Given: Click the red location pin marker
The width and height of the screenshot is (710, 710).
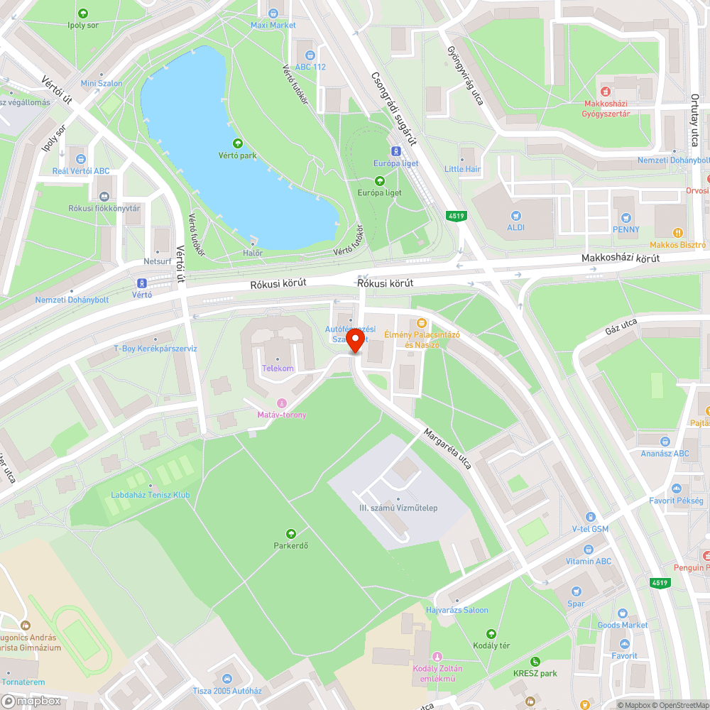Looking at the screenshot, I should point(355,342).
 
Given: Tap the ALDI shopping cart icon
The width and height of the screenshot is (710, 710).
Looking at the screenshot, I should point(515,214).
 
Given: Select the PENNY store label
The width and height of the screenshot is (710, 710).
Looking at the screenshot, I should point(626,229).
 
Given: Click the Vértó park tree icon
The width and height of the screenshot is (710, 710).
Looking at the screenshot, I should point(237,143).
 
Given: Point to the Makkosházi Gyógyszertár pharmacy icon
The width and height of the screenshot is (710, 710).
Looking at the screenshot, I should point(606,91).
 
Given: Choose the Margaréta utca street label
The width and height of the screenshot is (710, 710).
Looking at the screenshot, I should point(447,449).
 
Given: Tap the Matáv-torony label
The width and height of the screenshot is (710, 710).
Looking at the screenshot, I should point(282,414).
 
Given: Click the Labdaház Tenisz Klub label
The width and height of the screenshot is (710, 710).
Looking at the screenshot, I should point(150,495).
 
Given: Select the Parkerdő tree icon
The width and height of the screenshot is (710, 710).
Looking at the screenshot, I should point(290,533).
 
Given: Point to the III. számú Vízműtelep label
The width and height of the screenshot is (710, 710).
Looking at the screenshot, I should point(398,508).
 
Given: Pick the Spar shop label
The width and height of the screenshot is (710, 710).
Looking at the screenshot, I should point(576,603).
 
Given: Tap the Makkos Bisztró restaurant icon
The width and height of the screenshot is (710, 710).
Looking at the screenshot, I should point(679,231).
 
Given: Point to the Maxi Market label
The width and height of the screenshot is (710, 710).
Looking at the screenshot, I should point(273,25).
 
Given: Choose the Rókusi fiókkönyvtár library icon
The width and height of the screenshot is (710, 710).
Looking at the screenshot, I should point(104,196).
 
